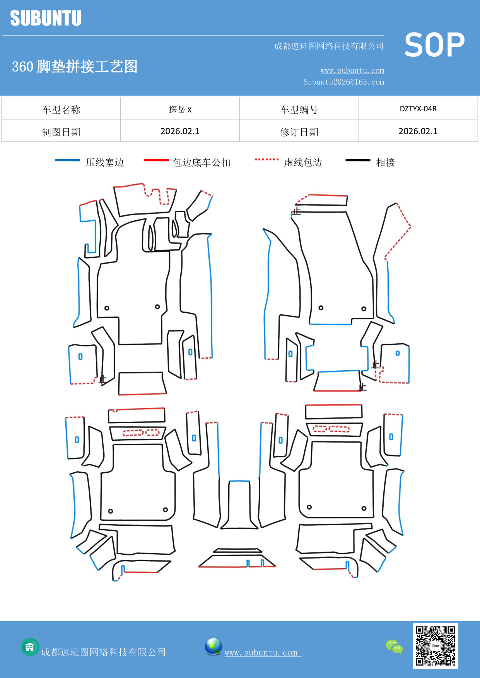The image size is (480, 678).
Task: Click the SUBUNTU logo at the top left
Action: click(x=46, y=18)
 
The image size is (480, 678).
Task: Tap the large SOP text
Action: click(x=434, y=45)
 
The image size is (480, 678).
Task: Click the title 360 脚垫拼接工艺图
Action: click(x=75, y=66)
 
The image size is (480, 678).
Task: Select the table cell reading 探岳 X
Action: click(x=180, y=109)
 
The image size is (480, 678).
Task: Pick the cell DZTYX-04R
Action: click(x=418, y=109)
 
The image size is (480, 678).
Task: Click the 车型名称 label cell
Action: click(x=61, y=110)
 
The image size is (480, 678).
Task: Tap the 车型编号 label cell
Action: click(x=299, y=110)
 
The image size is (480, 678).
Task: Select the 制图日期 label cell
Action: click(x=61, y=132)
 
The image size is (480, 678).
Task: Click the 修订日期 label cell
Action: click(x=299, y=132)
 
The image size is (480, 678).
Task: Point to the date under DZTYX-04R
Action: click(x=418, y=131)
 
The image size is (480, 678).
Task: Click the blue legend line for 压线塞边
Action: click(x=67, y=160)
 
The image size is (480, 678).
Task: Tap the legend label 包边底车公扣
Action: click(x=202, y=162)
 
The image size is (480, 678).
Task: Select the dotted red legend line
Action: click(x=266, y=159)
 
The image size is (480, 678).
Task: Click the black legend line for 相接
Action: click(x=358, y=160)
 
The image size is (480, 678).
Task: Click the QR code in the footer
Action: click(x=435, y=646)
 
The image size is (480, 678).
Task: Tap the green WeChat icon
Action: click(x=394, y=646)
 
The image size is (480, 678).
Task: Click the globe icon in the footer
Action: click(x=213, y=646)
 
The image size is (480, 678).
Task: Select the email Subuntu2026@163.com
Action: click(x=343, y=82)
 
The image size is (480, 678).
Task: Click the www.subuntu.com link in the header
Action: click(x=352, y=71)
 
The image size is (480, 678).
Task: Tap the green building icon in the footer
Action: click(x=30, y=647)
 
